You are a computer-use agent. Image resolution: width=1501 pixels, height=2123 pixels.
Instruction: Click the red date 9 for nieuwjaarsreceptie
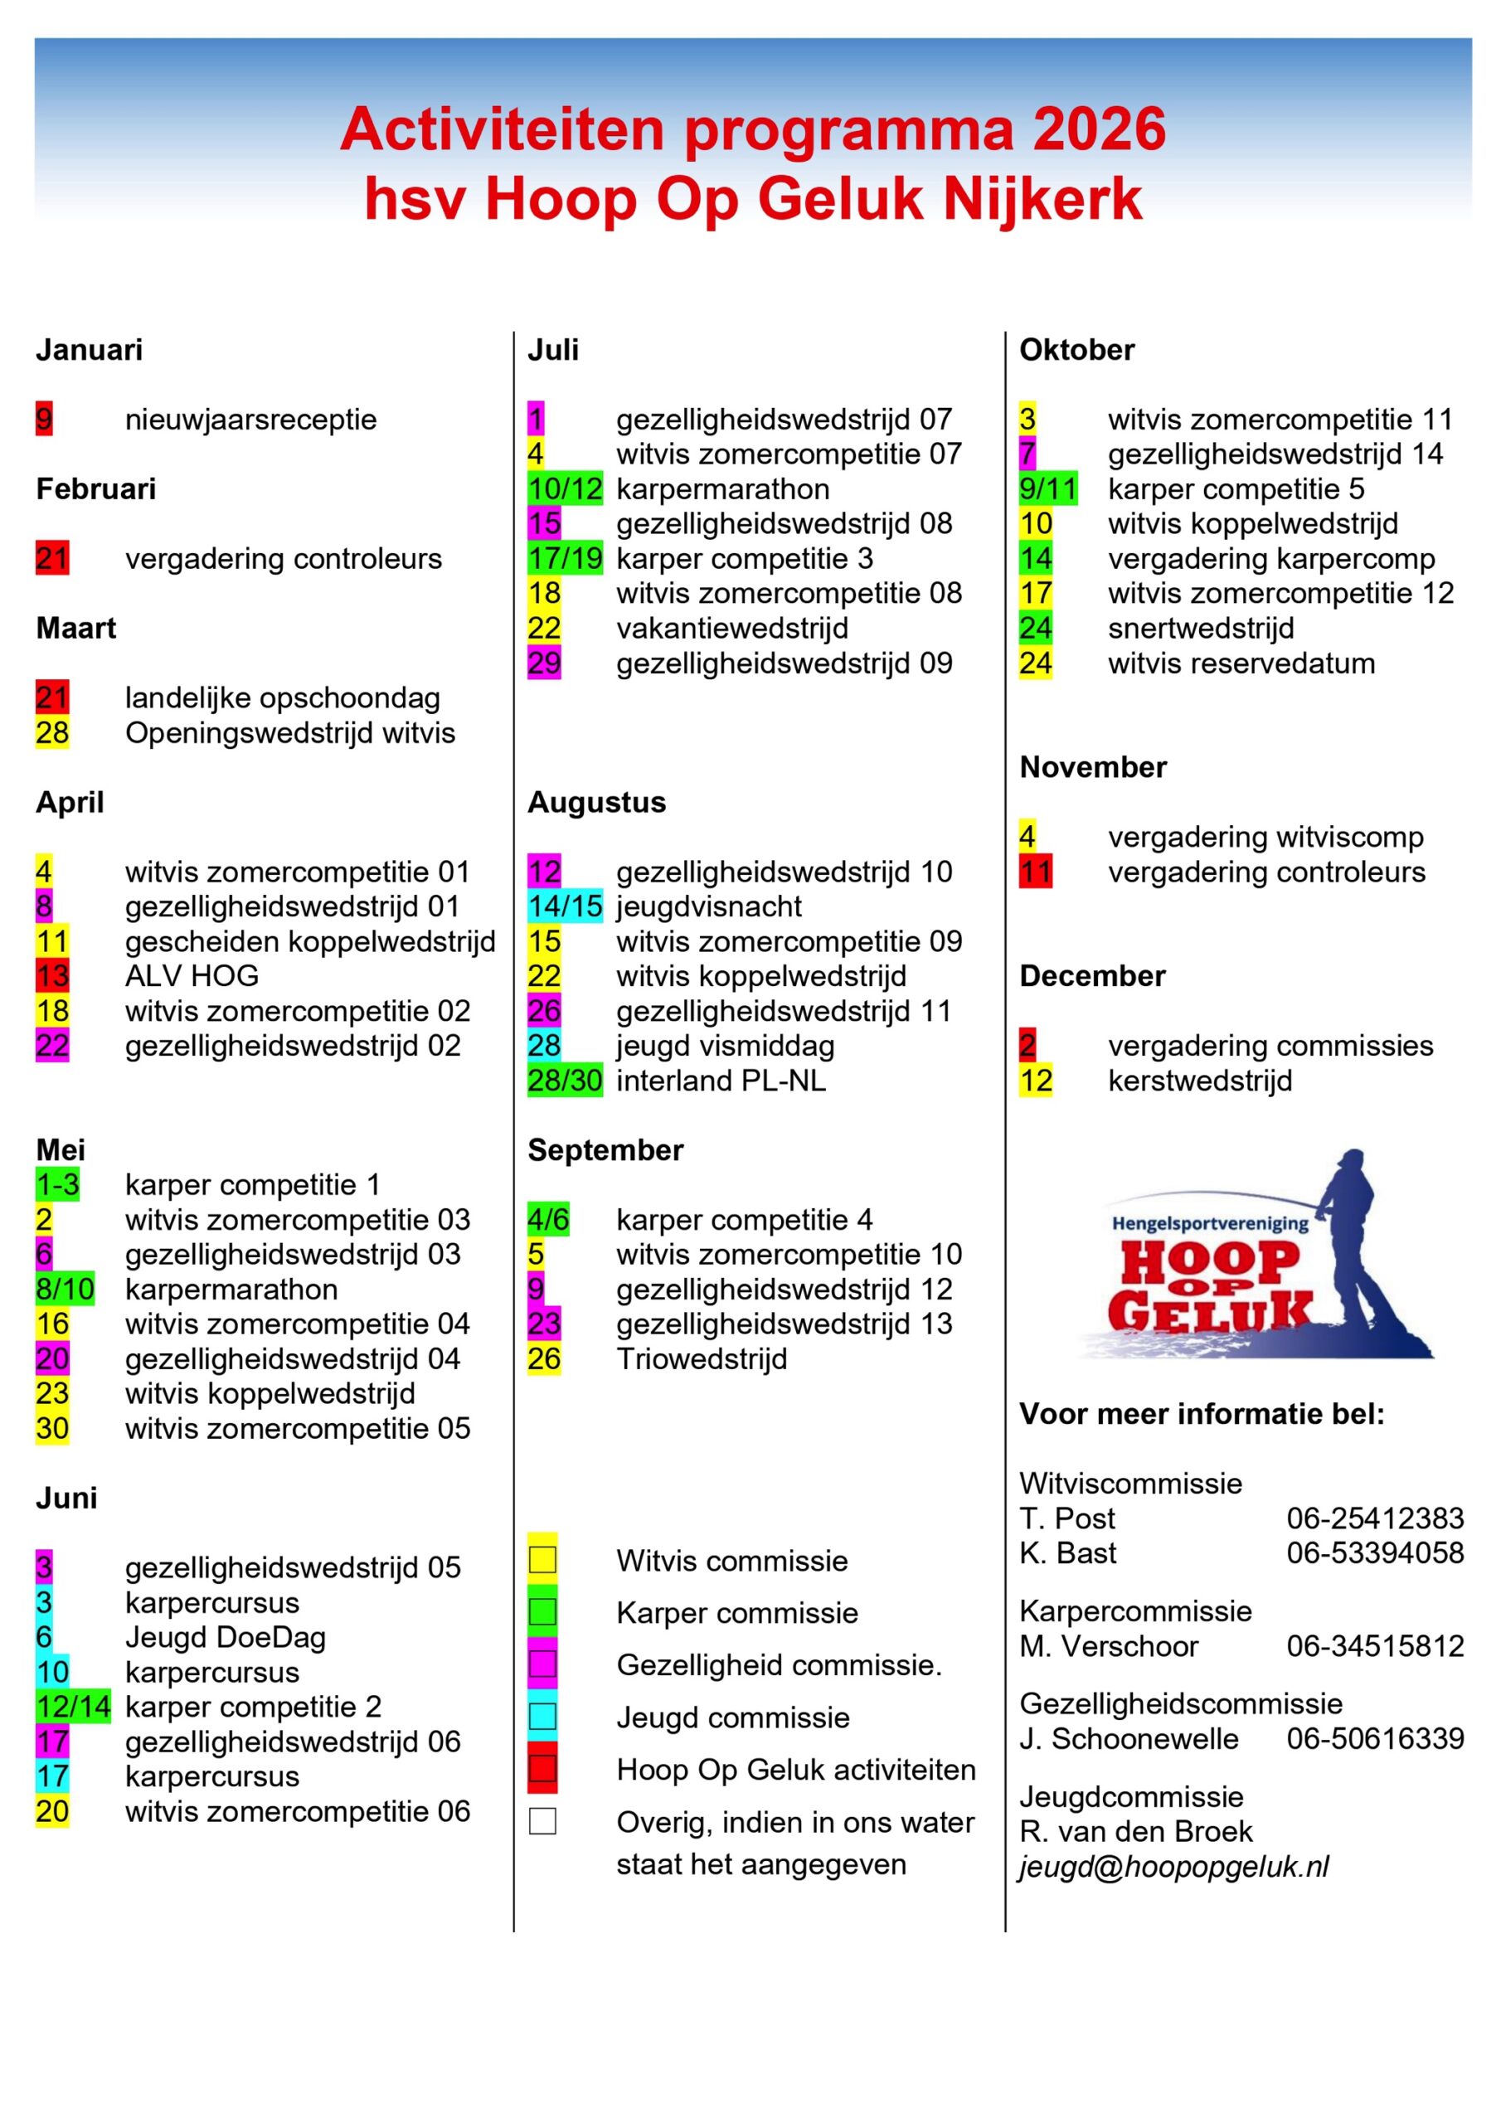tap(43, 419)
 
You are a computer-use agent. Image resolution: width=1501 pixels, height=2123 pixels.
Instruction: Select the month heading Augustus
tap(596, 802)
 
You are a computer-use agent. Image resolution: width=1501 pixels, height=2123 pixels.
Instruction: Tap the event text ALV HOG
tap(192, 975)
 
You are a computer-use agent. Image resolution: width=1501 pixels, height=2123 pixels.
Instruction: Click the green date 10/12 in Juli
tap(564, 489)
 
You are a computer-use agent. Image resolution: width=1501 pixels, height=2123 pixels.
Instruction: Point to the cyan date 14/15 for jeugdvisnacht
tap(564, 906)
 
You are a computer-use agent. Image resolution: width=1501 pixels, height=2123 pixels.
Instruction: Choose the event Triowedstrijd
tap(701, 1358)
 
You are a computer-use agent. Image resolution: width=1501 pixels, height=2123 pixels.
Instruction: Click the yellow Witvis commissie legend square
tap(542, 1561)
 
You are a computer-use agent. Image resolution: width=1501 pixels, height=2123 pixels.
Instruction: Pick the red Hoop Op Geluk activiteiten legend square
tap(542, 1769)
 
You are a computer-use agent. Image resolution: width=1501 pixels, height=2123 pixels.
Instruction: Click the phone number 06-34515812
tap(1374, 1646)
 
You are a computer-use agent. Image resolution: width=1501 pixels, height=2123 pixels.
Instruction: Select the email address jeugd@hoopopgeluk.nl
tap(1173, 1867)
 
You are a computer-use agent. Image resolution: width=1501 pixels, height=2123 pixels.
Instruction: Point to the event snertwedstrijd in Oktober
tap(1201, 628)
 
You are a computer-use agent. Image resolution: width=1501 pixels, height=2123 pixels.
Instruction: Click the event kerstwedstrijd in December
tap(1199, 1080)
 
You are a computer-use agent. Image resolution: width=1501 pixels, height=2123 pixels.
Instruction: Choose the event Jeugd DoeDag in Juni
tap(225, 1637)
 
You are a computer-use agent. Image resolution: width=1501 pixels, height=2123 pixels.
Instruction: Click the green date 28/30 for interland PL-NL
tap(564, 1080)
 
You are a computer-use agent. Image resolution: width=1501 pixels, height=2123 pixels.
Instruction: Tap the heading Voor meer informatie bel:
tap(1202, 1414)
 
